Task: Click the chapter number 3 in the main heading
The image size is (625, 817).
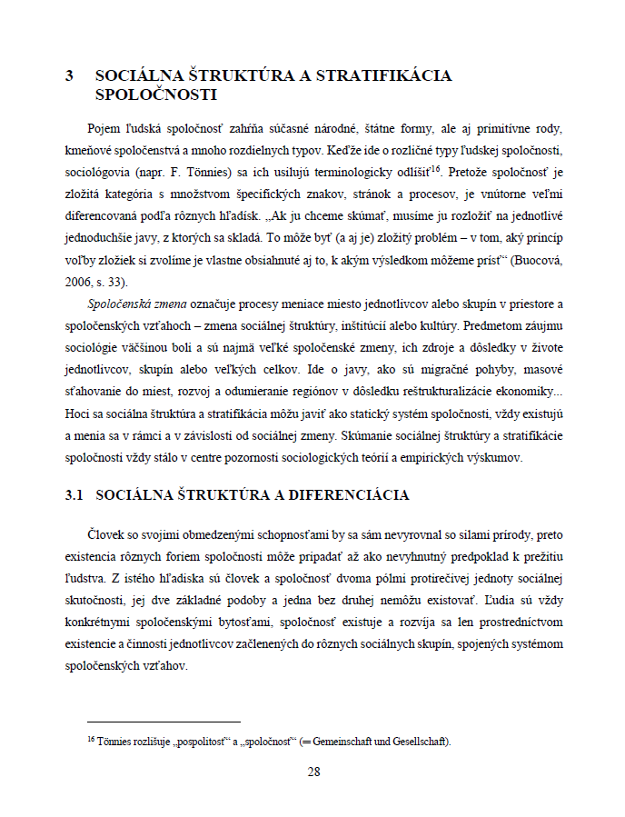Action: pyautogui.click(x=70, y=76)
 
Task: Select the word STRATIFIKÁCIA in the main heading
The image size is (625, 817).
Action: pyautogui.click(x=385, y=76)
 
